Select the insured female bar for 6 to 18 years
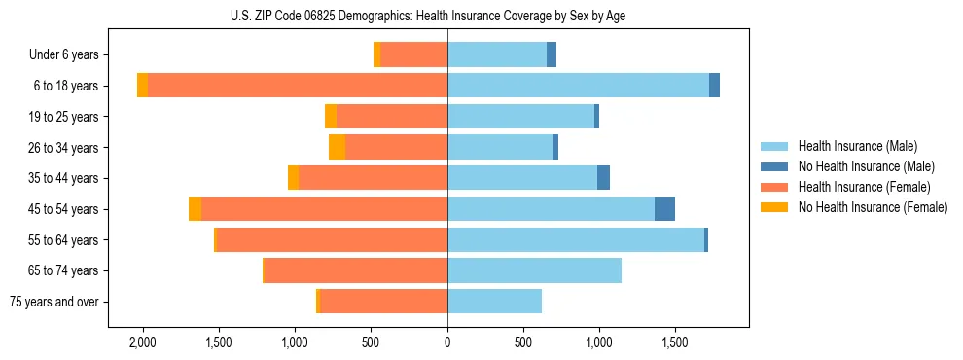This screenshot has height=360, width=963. [297, 86]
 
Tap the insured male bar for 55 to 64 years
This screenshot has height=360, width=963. [575, 239]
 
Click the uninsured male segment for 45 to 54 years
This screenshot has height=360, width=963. [664, 208]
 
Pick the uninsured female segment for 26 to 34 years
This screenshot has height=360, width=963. [337, 147]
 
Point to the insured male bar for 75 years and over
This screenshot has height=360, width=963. [494, 302]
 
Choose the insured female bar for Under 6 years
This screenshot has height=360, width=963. [413, 54]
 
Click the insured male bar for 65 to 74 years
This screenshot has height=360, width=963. [534, 270]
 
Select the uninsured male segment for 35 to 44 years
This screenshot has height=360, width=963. [603, 178]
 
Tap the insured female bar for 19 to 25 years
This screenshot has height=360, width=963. [391, 117]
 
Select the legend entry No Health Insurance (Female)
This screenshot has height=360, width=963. [873, 207]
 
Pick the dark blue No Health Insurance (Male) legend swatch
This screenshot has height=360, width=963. [775, 166]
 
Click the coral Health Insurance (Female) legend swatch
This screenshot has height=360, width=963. [775, 187]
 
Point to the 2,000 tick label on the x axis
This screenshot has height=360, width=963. [143, 342]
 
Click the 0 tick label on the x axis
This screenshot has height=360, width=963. [447, 342]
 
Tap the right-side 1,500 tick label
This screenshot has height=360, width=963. [675, 342]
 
